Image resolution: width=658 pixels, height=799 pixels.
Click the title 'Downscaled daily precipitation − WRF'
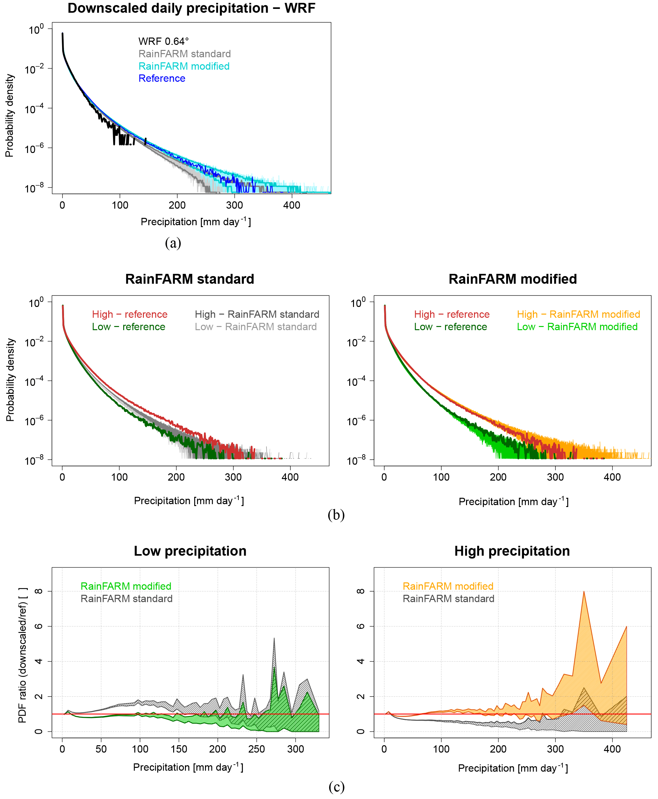click(191, 8)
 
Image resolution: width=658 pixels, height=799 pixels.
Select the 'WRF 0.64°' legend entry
click(163, 41)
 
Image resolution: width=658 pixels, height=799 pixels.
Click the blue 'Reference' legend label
click(162, 78)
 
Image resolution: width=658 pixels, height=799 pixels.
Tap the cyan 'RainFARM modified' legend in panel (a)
click(184, 66)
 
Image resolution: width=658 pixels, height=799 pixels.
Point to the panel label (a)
click(173, 243)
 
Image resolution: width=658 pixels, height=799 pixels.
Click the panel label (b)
click(336, 515)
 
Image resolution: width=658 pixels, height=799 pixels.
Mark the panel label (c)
click(336, 787)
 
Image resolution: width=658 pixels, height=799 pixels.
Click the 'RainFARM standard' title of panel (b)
click(189, 279)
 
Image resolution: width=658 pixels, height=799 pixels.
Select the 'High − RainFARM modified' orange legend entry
click(578, 314)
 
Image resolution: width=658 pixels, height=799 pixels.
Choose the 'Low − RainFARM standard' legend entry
click(256, 327)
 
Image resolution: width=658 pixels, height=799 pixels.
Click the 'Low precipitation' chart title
click(190, 551)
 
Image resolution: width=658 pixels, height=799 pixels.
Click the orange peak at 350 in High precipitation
click(584, 592)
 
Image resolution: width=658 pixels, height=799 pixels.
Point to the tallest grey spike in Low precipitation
click(274, 638)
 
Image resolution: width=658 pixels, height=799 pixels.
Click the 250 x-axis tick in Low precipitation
click(257, 749)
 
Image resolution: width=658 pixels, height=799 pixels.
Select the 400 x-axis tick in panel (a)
click(292, 205)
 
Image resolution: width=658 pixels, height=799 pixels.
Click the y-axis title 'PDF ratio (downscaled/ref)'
click(22, 656)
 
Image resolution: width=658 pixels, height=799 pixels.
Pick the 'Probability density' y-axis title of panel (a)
click(9, 115)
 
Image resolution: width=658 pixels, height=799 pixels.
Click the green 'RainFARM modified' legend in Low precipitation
click(126, 586)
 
